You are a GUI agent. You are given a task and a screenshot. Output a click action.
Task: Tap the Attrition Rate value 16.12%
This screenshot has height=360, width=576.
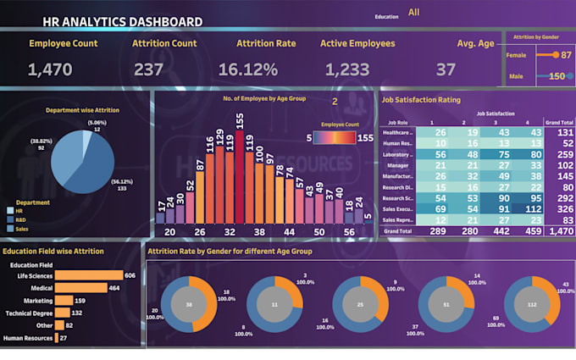pyautogui.click(x=248, y=70)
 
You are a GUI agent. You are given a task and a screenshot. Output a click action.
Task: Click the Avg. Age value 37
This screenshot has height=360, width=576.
pyautogui.click(x=446, y=70)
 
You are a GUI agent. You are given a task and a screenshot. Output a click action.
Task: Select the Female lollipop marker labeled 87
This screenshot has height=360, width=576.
pyautogui.click(x=556, y=55)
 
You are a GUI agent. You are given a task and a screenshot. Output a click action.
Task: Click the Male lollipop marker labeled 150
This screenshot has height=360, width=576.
pyautogui.click(x=569, y=76)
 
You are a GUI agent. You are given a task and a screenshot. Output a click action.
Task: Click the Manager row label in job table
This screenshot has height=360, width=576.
pyautogui.click(x=396, y=166)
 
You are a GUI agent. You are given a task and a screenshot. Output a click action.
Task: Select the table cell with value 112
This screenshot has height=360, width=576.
pyautogui.click(x=533, y=208)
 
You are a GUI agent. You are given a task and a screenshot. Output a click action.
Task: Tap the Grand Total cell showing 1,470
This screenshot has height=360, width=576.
pyautogui.click(x=559, y=230)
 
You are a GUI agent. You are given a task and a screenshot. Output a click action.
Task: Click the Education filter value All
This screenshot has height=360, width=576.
pyautogui.click(x=413, y=12)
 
